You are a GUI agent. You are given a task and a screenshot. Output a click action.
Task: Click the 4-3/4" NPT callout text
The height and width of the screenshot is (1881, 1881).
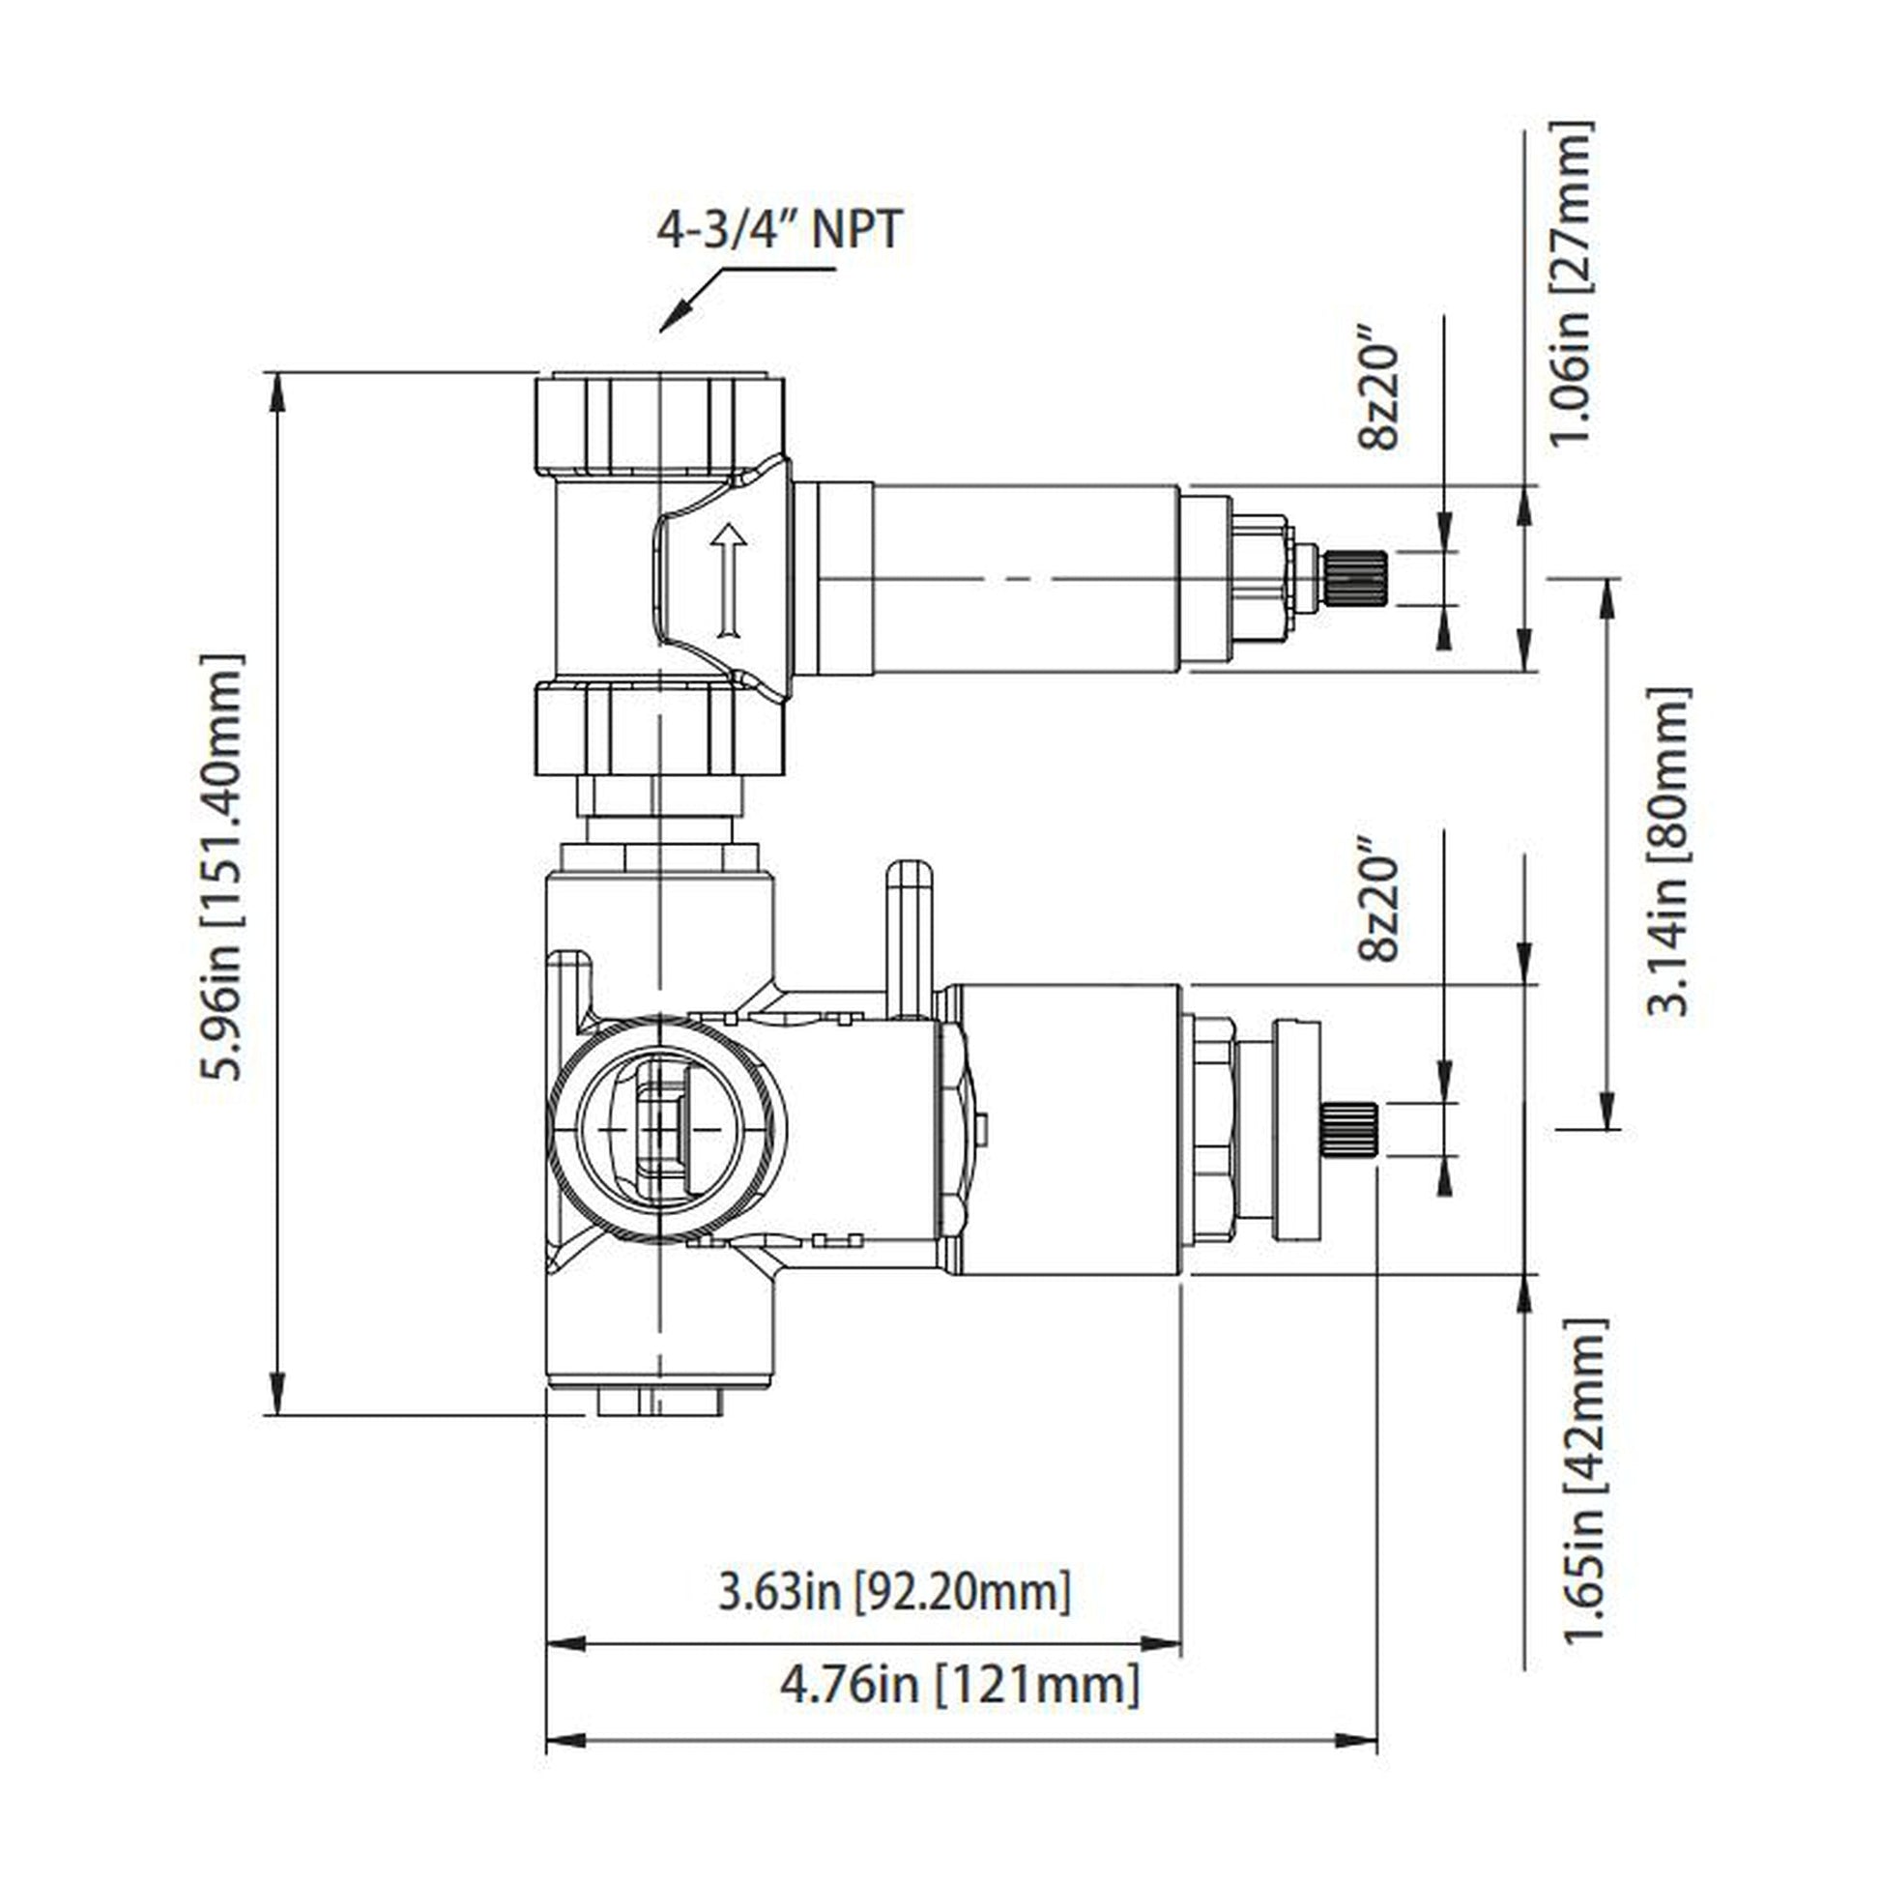779,232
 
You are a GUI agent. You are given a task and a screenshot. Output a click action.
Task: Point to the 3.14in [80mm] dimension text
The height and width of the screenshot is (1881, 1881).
1666,852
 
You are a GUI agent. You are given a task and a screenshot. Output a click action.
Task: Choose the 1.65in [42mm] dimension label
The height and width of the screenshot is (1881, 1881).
1583,1481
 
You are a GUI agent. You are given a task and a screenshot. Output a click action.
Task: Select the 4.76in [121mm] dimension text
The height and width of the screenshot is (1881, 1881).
959,1684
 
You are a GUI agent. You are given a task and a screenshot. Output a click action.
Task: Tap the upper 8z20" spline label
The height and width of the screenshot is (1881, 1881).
1377,395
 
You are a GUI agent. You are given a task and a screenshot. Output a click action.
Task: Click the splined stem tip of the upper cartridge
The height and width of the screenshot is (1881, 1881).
1354,578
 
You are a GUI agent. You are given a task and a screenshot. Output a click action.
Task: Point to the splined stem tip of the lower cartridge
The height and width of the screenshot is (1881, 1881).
1348,1129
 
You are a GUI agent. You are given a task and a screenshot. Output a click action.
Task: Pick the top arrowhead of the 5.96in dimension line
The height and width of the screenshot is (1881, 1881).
277,390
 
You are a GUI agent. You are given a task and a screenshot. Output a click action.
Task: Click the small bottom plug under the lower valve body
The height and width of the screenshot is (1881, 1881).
660,1402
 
